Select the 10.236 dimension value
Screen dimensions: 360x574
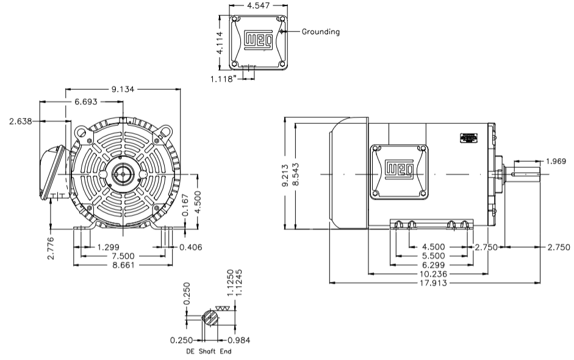pos(434,274)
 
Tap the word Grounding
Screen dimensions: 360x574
pos(321,31)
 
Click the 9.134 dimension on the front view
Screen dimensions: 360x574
pos(123,89)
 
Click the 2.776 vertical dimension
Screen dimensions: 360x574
pos(51,248)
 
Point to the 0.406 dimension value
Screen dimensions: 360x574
pos(190,247)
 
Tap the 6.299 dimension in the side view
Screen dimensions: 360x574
pos(434,265)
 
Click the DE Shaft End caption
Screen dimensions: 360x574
pos(208,351)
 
